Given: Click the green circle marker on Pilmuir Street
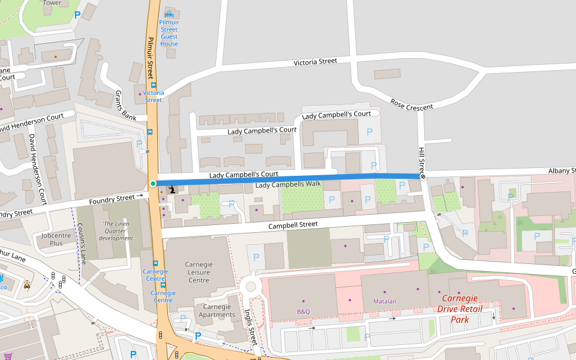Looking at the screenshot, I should [153, 184].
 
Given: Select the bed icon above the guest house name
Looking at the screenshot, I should [169, 13].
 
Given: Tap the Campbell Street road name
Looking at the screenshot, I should [292, 225].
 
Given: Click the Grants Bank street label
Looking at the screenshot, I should [125, 104].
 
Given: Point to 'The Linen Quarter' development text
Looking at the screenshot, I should [116, 231].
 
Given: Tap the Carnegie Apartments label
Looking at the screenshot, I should [217, 310].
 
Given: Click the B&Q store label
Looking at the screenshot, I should [303, 311].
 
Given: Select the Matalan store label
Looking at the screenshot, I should [385, 301].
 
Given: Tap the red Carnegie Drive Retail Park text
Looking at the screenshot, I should [467, 308].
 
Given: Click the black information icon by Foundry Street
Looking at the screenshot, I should [173, 188].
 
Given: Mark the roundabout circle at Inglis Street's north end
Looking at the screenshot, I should [251, 286].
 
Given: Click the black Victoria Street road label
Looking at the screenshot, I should [315, 62].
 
